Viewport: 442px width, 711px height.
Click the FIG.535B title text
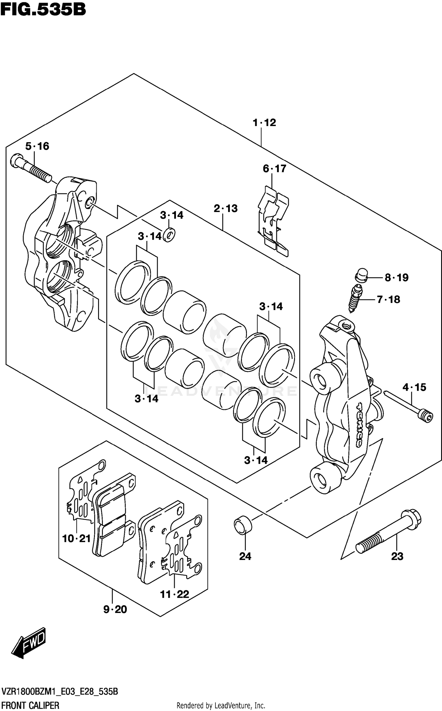tap(43, 9)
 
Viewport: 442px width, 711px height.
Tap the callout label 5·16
tap(37, 146)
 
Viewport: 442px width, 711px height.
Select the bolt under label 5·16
tap(31, 168)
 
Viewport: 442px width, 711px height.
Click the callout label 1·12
tap(264, 122)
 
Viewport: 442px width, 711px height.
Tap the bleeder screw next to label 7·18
tap(355, 300)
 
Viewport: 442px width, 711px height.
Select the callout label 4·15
tap(414, 387)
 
